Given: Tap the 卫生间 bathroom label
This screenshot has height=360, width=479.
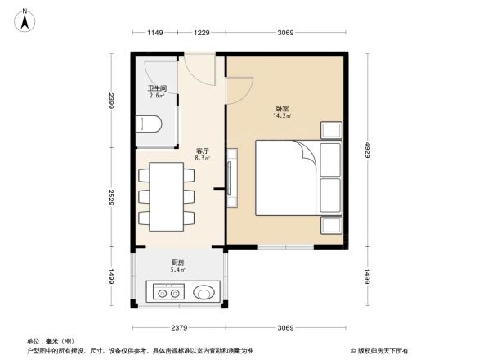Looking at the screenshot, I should click(x=158, y=88).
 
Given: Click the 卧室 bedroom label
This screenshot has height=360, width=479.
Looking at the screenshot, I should click(x=282, y=109).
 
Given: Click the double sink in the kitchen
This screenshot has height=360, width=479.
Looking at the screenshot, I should click(x=167, y=292).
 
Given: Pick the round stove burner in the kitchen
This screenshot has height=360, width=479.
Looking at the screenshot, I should click(x=204, y=292).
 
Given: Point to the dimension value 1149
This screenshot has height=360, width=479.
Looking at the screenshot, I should click(x=156, y=33).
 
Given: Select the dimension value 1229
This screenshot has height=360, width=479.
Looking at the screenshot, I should click(x=202, y=33).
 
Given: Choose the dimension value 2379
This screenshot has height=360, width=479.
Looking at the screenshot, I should click(x=180, y=328).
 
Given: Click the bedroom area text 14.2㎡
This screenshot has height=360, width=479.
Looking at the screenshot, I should click(x=282, y=117).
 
